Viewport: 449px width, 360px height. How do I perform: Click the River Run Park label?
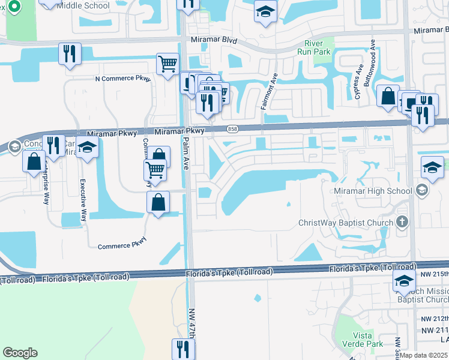pyautogui.click(x=318, y=47)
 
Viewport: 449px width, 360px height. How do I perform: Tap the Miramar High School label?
pyautogui.click(x=373, y=191)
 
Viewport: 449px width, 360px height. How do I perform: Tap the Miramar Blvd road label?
pyautogui.click(x=214, y=41)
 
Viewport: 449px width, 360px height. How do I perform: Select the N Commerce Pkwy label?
pyautogui.click(x=122, y=78)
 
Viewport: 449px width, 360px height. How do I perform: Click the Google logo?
pyautogui.click(x=20, y=352)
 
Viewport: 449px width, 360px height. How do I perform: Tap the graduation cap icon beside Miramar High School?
pyautogui.click(x=422, y=191)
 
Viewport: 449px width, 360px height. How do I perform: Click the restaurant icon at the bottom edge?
pyautogui.click(x=183, y=349)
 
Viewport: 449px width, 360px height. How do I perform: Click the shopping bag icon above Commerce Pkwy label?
pyautogui.click(x=158, y=202)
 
